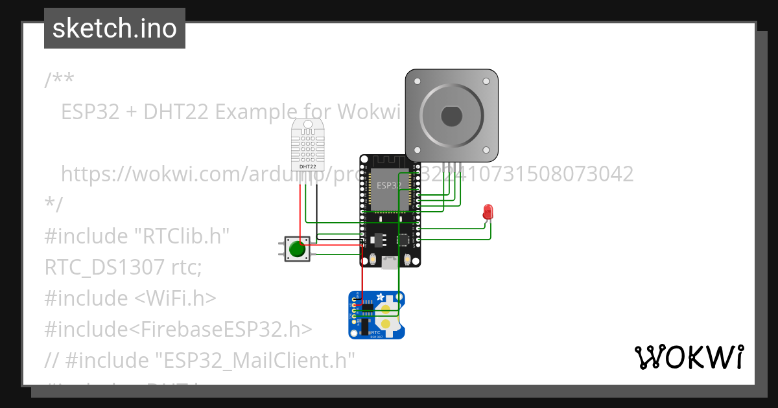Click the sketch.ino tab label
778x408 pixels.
[x=115, y=28]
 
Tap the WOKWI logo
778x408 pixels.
[x=689, y=357]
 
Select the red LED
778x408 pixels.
[x=488, y=212]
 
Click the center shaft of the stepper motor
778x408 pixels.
[x=451, y=117]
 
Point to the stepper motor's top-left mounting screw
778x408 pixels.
[x=417, y=82]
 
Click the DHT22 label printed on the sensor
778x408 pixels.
[x=307, y=166]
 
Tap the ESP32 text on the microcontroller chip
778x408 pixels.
[x=389, y=185]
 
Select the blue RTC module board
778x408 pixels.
[x=376, y=315]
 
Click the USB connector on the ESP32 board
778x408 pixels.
[x=390, y=262]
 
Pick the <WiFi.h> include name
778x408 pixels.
[x=176, y=299]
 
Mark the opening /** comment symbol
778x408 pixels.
[x=59, y=81]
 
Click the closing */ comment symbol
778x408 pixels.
[x=54, y=205]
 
